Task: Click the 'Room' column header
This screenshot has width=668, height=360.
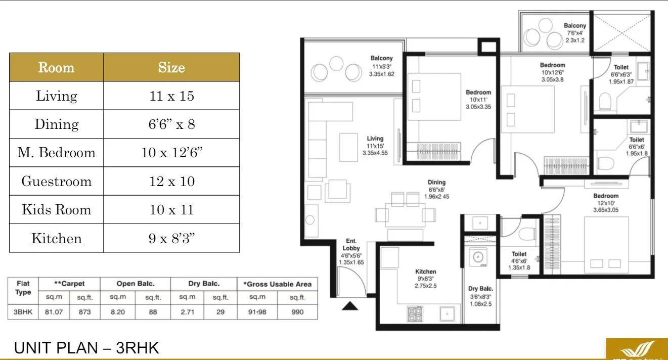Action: pos(56,67)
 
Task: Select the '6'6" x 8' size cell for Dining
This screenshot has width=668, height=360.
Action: pos(171,124)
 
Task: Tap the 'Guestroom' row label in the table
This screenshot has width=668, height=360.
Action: pos(56,182)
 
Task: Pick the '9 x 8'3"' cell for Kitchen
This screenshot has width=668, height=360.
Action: pos(171,239)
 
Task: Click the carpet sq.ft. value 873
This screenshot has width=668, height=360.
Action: pos(84,312)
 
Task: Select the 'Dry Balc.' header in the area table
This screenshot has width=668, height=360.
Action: pos(204,284)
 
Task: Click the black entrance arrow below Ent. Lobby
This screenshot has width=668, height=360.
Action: pos(350,305)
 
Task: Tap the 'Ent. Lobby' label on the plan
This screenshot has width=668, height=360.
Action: pos(351,245)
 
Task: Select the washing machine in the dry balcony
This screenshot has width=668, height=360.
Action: pos(477,257)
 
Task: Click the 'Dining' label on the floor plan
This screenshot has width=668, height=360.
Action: pos(436,183)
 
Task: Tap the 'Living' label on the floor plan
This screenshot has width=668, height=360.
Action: pos(375,139)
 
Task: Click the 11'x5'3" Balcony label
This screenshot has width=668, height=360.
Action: pos(381,59)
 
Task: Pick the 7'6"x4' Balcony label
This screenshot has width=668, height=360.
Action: pos(575,26)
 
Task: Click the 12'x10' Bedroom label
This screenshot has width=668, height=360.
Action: pos(605,196)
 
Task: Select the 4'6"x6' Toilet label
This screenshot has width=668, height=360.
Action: pos(519,254)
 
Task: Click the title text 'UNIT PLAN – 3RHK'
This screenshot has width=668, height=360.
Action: pos(86,348)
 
